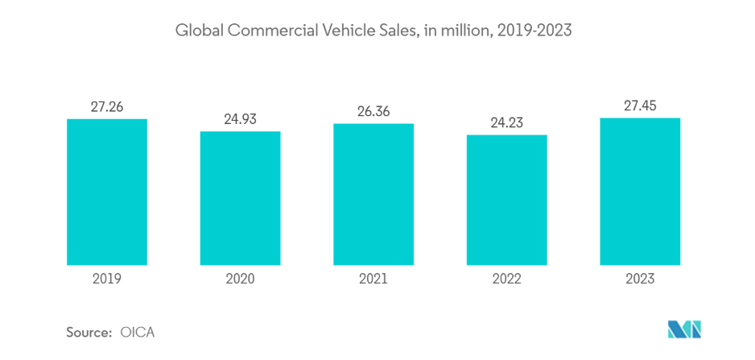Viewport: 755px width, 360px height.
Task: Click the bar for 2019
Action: [107, 192]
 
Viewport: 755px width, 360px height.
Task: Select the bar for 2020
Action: [240, 197]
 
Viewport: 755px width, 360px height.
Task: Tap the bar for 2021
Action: [373, 194]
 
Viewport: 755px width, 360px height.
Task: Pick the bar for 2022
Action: [507, 199]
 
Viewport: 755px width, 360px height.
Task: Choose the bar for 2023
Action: [640, 191]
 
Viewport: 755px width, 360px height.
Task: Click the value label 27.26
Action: [107, 106]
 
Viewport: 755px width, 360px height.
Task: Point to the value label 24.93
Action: [240, 118]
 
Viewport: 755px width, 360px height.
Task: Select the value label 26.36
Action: [373, 111]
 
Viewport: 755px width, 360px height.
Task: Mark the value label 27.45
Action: [640, 105]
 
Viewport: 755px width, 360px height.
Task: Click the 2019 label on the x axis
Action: [107, 279]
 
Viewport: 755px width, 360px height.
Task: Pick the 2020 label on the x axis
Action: [240, 279]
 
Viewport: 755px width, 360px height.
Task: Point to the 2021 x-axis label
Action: [373, 279]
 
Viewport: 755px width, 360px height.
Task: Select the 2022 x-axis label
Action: [507, 279]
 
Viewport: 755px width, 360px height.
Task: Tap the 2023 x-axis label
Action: [640, 279]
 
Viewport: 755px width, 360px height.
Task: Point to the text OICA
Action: [137, 332]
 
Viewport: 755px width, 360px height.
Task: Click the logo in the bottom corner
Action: [685, 329]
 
